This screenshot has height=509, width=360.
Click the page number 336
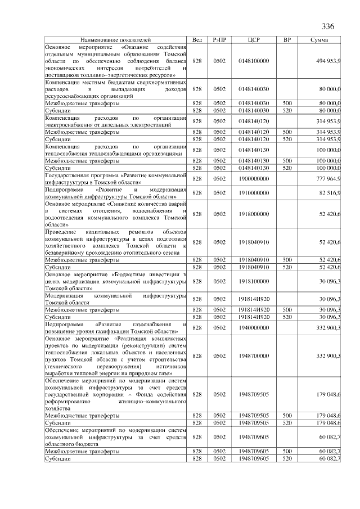(x=328, y=27)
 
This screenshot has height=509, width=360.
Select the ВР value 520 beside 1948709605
(x=287, y=459)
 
